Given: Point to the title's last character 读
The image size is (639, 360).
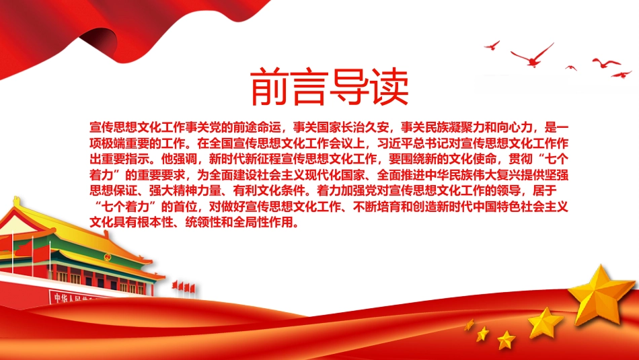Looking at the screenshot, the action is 389,87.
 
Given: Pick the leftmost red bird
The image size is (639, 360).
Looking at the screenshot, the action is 492,45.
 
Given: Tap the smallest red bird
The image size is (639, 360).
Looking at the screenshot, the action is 571,67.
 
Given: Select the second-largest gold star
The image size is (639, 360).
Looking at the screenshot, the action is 546,323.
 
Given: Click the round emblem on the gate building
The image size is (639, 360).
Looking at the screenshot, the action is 107,257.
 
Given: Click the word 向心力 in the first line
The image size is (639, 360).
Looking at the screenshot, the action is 515,127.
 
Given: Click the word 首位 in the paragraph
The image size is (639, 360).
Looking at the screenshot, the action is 186,207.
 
